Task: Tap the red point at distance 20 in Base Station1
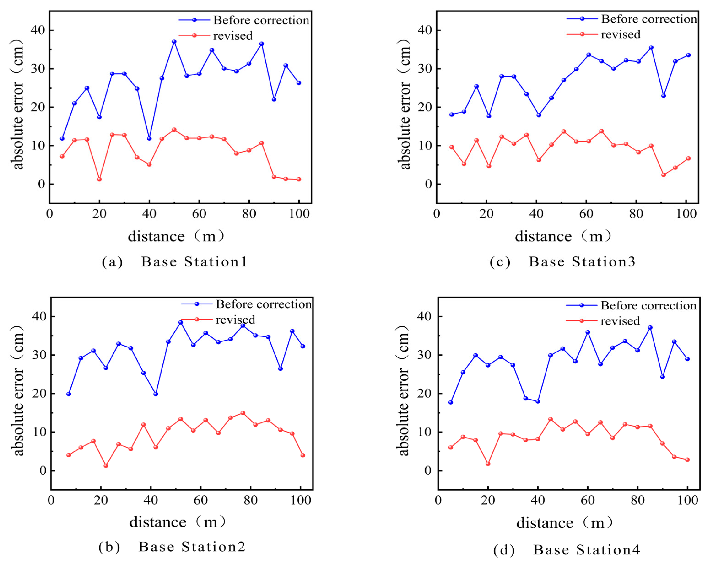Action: tap(99, 179)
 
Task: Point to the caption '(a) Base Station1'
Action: tap(175, 262)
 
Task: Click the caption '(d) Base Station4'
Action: tap(567, 550)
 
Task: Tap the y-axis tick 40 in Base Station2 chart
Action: tap(39, 316)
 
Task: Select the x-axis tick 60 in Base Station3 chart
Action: tap(586, 214)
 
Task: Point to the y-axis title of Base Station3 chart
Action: tap(404, 104)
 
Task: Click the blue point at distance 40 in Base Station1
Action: tap(149, 139)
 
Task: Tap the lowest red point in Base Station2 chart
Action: tap(106, 465)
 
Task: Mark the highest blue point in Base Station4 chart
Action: tap(650, 328)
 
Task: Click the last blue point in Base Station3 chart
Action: tap(688, 55)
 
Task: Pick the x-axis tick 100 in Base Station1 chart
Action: tap(299, 214)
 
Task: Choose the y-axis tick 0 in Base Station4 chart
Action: tap(428, 470)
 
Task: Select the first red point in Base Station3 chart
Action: tap(452, 147)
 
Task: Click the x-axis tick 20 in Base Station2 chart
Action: tap(101, 500)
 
